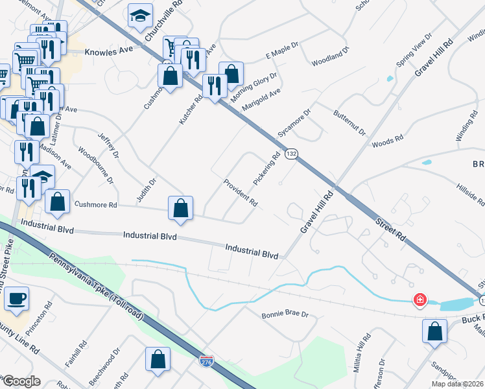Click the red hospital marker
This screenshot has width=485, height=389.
point(420,300)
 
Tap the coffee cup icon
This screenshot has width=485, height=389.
point(18,298)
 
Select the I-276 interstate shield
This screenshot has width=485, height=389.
point(206,360)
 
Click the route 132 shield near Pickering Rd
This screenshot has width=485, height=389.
point(292,154)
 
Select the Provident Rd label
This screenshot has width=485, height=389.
point(241,193)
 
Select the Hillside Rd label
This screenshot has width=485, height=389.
point(467,193)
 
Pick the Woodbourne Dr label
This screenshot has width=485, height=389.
point(96,165)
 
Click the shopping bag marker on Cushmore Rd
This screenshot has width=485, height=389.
point(181,209)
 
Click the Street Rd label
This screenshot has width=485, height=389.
point(390,229)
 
